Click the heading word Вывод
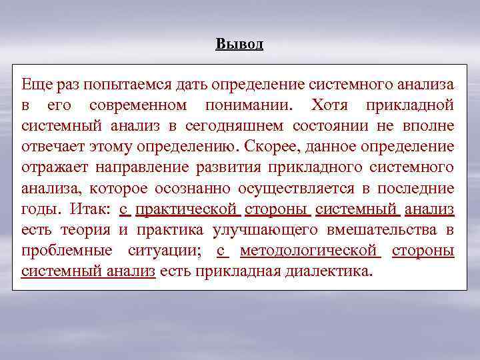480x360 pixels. coord(240,45)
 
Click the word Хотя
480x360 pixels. coord(329,106)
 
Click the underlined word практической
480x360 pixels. coord(187,209)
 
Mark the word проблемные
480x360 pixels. coord(64,251)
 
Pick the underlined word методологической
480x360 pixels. coord(309,251)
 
